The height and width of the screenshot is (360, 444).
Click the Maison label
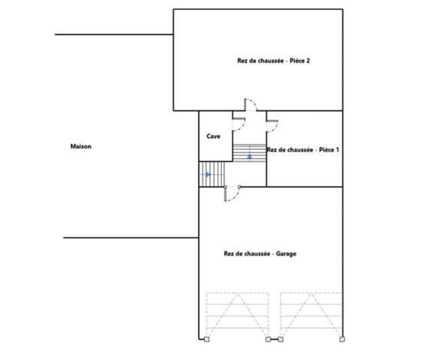click(81, 146)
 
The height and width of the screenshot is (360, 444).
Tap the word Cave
click(213, 136)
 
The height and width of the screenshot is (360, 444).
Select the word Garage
click(286, 253)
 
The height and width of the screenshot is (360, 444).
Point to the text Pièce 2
click(299, 61)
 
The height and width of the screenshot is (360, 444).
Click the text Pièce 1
click(329, 149)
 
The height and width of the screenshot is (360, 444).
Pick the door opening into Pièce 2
click(251, 105)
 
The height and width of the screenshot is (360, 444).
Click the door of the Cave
click(238, 124)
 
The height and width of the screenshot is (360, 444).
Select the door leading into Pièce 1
click(272, 126)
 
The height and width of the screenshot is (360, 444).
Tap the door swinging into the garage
click(232, 194)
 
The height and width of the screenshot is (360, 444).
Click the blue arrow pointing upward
click(250, 156)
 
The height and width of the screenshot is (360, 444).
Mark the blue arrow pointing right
click(208, 174)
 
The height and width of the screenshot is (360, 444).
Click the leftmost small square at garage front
click(207, 339)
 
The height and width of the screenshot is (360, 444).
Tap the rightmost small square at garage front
click(342, 339)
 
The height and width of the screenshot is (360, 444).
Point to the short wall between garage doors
click(274, 339)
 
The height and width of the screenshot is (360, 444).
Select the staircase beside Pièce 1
click(250, 153)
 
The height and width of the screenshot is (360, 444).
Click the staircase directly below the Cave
click(211, 174)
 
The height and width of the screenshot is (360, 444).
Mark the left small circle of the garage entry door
click(226, 187)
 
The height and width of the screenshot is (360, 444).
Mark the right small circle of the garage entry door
click(239, 187)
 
